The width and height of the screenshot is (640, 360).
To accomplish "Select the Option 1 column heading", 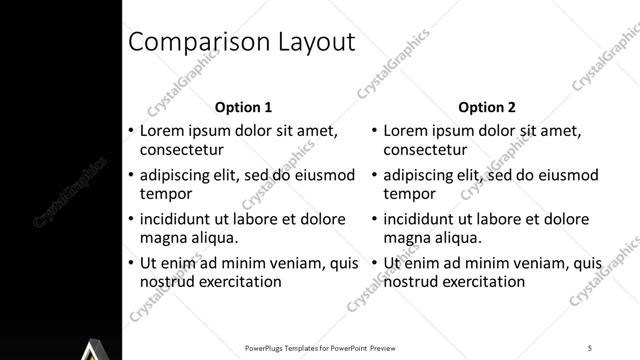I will tap(243, 107).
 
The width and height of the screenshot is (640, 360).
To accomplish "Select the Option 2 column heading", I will tap(486, 107).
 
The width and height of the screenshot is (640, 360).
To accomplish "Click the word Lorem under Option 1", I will tap(162, 130).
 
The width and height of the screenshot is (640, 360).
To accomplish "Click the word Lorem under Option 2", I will tap(406, 130).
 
